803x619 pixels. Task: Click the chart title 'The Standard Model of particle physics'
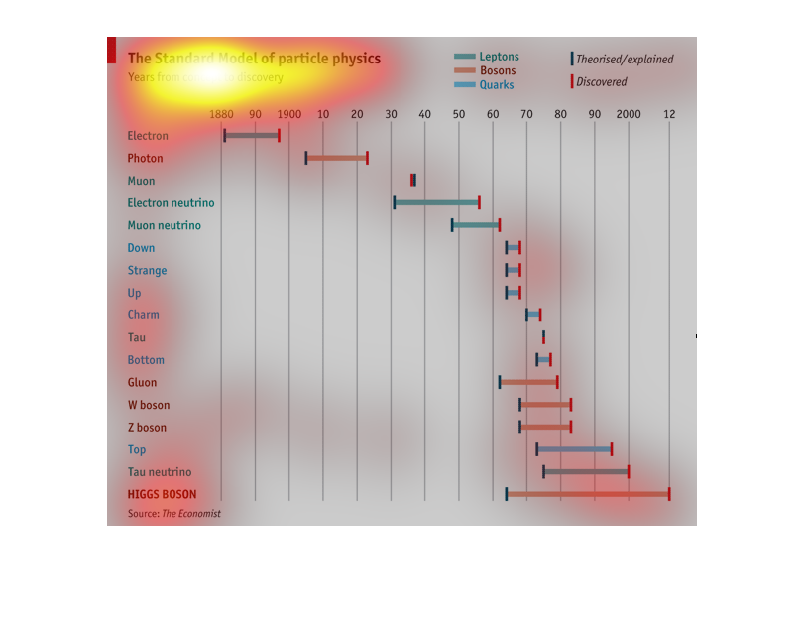click(254, 60)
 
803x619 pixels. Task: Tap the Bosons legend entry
click(486, 70)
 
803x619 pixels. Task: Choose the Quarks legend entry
click(485, 85)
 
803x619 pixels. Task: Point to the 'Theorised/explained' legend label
click(625, 60)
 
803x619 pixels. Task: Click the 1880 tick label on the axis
click(222, 115)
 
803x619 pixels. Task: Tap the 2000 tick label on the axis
click(629, 115)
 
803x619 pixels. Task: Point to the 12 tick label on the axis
click(669, 115)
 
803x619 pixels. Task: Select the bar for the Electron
click(252, 135)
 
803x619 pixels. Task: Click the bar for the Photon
click(336, 158)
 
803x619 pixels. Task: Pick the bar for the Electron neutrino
click(436, 202)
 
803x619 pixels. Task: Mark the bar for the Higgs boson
click(587, 494)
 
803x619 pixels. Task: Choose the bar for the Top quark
click(574, 449)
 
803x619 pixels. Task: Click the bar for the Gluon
click(528, 382)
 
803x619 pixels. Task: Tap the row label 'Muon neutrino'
click(164, 225)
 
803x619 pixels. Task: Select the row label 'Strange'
click(147, 270)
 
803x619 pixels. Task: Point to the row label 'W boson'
click(148, 405)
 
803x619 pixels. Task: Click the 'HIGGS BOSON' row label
click(162, 494)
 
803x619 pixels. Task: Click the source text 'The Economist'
click(191, 514)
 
